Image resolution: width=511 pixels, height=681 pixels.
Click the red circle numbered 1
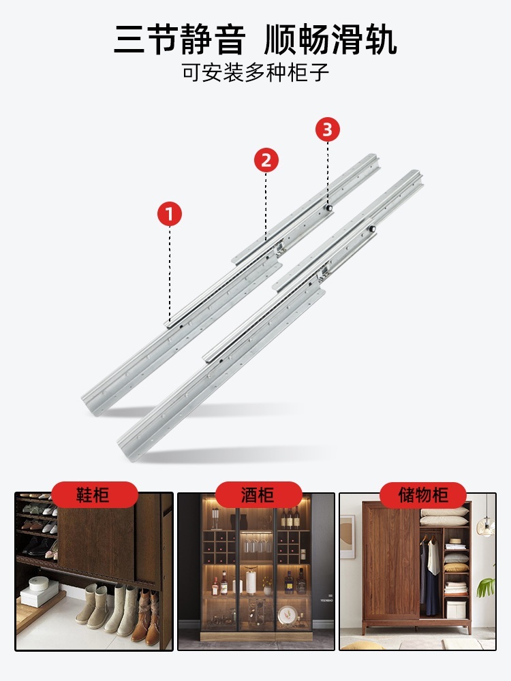(170, 214)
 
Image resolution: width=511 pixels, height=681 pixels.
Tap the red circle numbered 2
(266, 160)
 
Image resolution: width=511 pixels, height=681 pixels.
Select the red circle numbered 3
(327, 129)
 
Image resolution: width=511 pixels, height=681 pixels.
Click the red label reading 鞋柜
(94, 494)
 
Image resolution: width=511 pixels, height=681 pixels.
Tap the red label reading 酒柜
(258, 494)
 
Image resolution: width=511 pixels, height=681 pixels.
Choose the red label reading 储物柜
(423, 494)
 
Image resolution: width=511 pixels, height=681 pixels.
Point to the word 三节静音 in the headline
(180, 40)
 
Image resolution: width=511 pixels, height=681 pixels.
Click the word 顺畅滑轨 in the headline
(330, 40)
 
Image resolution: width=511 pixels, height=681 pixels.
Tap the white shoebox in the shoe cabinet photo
(39, 591)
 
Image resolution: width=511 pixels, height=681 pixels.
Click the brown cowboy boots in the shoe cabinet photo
(149, 616)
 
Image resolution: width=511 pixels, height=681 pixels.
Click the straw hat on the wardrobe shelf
(456, 541)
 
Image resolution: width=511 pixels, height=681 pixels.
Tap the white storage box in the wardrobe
(456, 609)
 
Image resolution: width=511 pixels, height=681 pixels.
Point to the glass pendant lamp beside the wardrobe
(486, 527)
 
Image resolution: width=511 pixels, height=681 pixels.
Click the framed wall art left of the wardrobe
(347, 537)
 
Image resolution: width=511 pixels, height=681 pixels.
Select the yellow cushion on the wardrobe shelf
(456, 568)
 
